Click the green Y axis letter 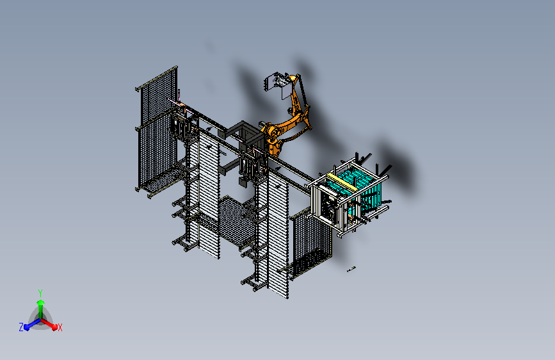point(40,291)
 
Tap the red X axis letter point(60,327)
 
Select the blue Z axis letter point(21,327)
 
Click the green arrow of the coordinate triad point(40,304)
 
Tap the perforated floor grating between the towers point(237,221)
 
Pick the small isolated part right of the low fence point(351,270)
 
